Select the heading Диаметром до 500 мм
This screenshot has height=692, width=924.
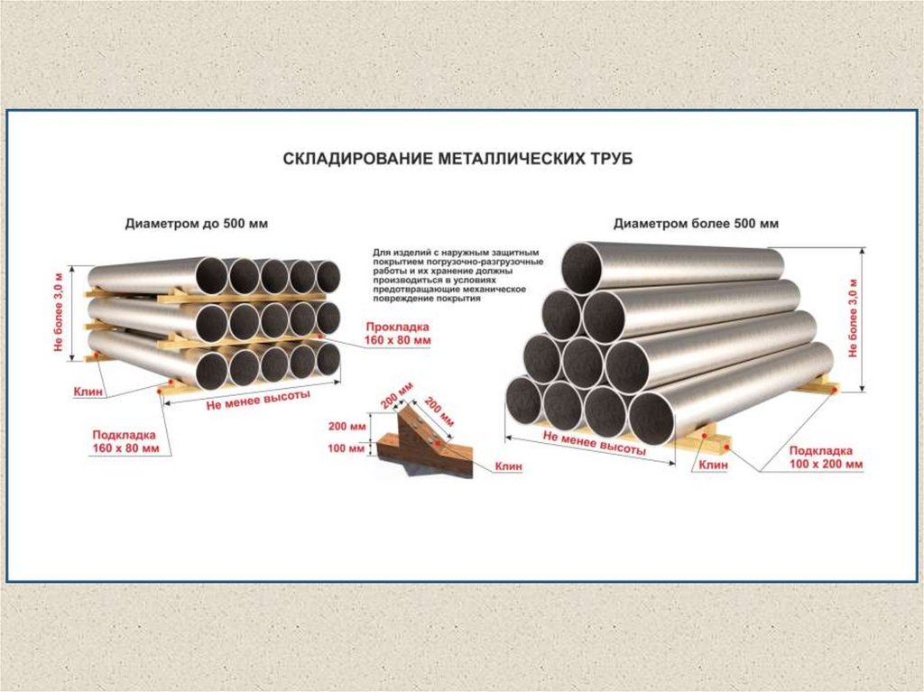(197, 223)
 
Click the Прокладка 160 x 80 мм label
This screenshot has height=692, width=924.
(398, 333)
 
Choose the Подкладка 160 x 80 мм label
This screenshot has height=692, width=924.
(125, 441)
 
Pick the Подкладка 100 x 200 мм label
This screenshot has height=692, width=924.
(826, 457)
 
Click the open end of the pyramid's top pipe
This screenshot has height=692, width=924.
(582, 267)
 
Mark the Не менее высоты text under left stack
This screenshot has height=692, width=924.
(258, 397)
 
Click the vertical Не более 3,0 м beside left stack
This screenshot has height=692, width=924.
(60, 312)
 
